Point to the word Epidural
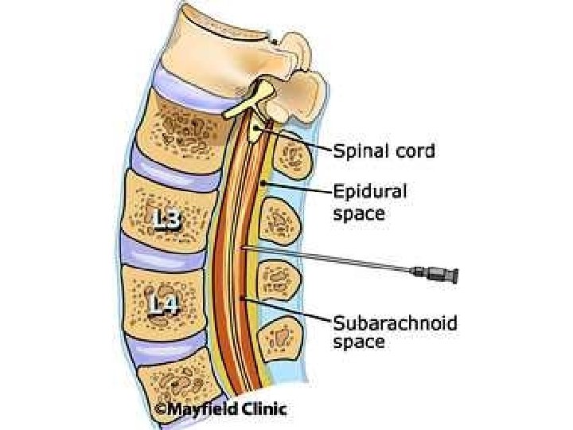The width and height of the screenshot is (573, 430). (369, 193)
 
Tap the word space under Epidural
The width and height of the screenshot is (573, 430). (358, 213)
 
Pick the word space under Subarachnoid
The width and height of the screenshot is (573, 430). (358, 343)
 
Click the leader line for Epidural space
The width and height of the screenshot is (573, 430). (299, 188)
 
